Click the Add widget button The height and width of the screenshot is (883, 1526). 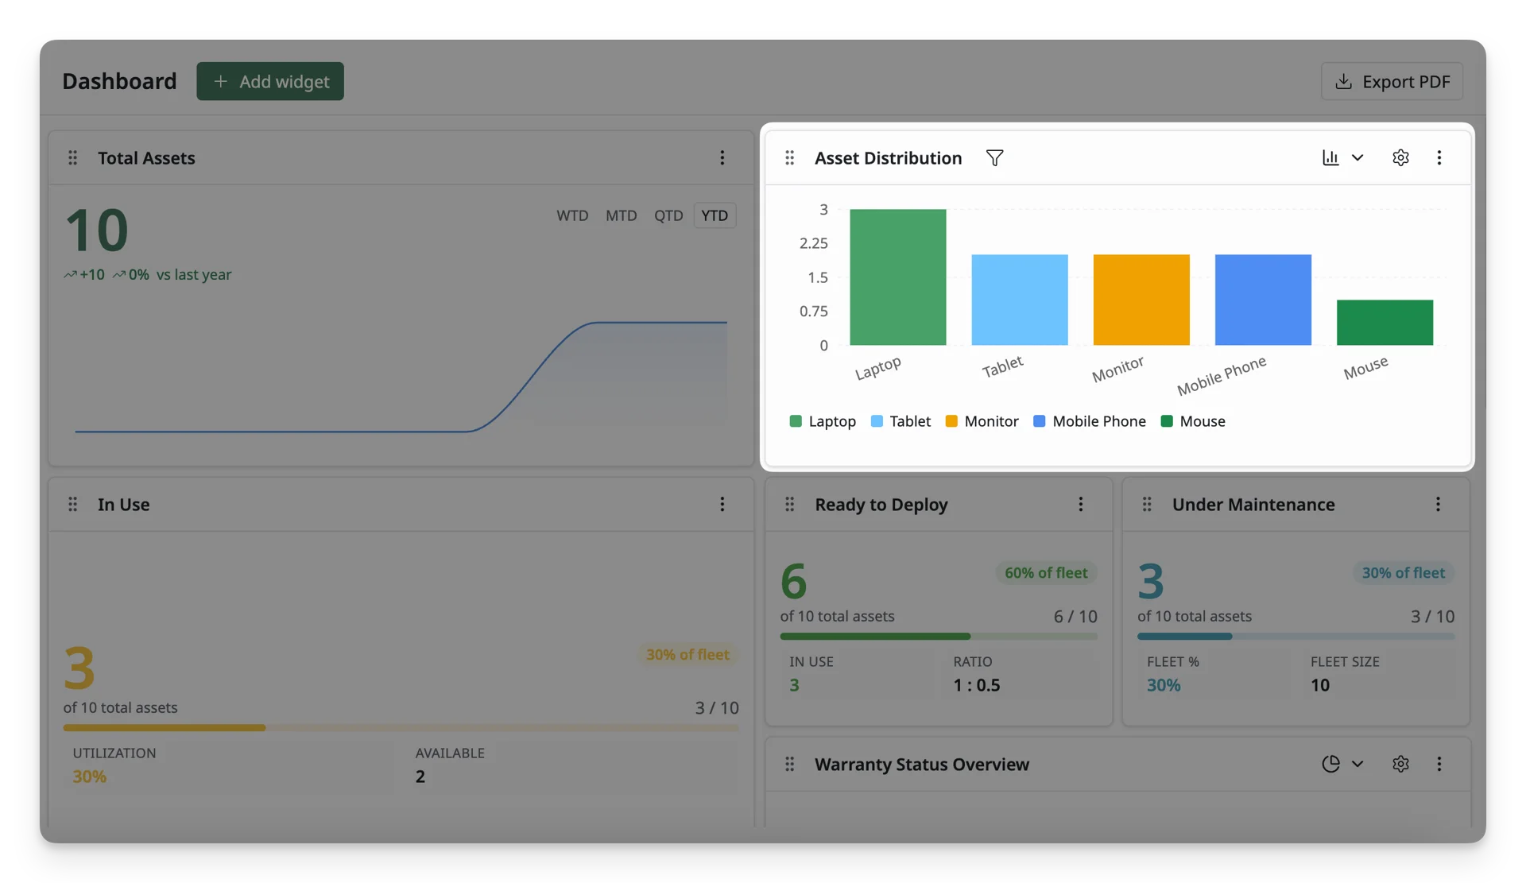(x=270, y=81)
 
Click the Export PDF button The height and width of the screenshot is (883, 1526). (x=1392, y=81)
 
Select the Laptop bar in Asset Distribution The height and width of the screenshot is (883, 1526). (x=898, y=277)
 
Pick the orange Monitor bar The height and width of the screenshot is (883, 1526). (x=1141, y=300)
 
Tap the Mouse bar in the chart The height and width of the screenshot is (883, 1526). (x=1385, y=322)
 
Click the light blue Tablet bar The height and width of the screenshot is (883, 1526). (x=1020, y=300)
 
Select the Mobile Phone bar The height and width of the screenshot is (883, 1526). (x=1263, y=300)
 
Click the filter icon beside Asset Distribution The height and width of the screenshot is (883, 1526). (x=994, y=158)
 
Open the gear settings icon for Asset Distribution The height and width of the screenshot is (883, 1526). (x=1400, y=157)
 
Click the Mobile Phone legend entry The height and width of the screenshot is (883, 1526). (x=1089, y=421)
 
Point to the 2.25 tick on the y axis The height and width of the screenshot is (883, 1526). (x=813, y=243)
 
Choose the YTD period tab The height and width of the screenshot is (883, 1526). (x=715, y=215)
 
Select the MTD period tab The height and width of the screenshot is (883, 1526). (x=621, y=215)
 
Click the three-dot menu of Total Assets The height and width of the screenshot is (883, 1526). (x=722, y=157)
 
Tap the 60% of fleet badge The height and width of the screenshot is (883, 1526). (x=1046, y=572)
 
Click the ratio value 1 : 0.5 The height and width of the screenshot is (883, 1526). (x=977, y=685)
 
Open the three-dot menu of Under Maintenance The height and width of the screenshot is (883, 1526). (x=1438, y=504)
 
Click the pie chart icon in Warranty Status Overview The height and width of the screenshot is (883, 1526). (x=1330, y=764)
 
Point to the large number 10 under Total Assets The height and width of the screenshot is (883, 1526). (x=96, y=230)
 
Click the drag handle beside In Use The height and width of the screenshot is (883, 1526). (x=72, y=504)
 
